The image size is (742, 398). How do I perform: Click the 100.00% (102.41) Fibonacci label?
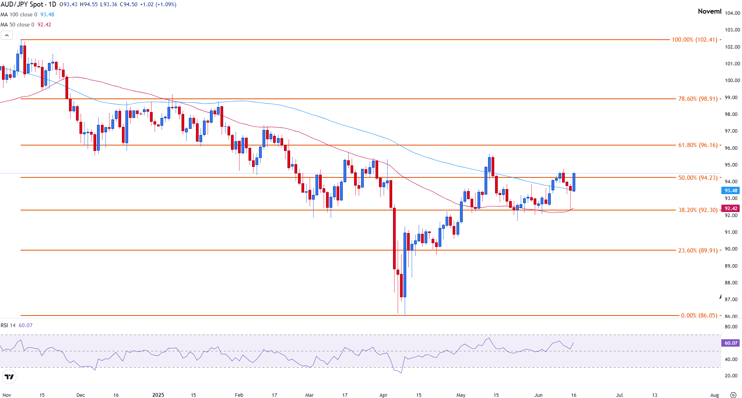pos(694,40)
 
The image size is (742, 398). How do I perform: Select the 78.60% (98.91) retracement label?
pos(698,99)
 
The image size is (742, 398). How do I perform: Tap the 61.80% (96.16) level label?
pos(698,145)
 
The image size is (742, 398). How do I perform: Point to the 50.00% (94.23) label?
pos(698,178)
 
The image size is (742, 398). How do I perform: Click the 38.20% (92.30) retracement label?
pos(698,210)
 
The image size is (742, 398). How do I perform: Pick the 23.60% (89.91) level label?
pos(698,251)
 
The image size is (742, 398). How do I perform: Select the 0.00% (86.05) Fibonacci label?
pos(699,316)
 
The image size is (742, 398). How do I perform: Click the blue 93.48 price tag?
pos(731,191)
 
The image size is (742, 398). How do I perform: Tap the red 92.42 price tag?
pos(731,209)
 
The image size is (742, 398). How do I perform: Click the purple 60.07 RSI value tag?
pos(731,343)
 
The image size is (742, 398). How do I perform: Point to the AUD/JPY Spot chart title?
pos(28,5)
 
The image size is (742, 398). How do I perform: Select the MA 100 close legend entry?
pos(19,14)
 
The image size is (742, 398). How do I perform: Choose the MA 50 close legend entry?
pos(18,25)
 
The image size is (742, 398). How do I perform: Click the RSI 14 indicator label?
pos(8,325)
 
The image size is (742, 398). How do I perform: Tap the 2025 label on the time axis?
pos(158,395)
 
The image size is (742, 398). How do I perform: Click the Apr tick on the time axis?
pos(383,395)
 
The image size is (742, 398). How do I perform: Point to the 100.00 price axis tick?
pos(732,81)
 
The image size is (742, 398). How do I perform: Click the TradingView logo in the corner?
pos(9,377)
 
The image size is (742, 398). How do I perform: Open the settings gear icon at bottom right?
pos(733,395)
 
